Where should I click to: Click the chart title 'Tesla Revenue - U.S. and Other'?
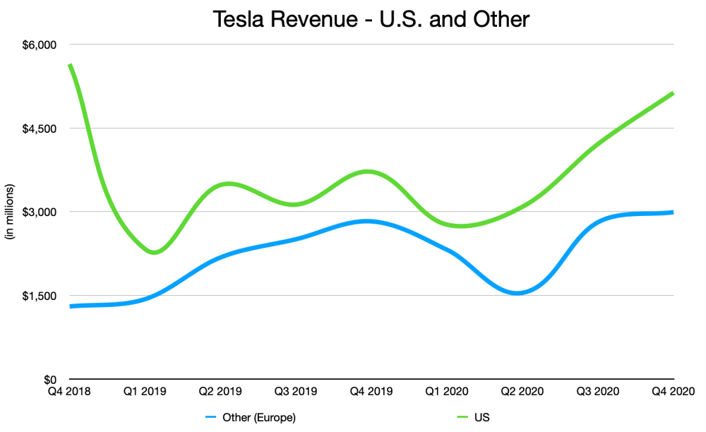click(371, 19)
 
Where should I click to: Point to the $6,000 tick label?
click(40, 45)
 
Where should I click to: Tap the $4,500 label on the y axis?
click(40, 128)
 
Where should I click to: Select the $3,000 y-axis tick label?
click(40, 212)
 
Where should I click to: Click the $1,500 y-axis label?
click(40, 296)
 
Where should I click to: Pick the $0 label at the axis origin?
click(50, 379)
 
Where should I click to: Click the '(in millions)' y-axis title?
click(9, 212)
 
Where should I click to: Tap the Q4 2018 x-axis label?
click(69, 392)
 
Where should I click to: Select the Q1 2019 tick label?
click(145, 392)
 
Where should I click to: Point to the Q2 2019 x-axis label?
click(220, 392)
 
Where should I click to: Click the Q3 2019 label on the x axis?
click(296, 392)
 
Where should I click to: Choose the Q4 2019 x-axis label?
click(371, 392)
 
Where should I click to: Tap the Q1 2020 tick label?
click(447, 392)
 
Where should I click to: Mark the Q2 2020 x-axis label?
click(522, 392)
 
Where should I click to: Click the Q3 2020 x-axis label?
click(598, 392)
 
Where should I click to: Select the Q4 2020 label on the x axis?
click(674, 392)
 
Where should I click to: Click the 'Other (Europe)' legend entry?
click(251, 418)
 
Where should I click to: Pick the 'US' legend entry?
click(473, 418)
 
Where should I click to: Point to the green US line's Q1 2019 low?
click(154, 252)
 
